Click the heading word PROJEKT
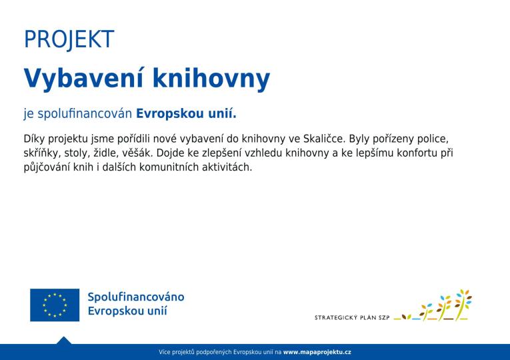coord(69,40)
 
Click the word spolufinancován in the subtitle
coord(85,114)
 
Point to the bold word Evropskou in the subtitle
coord(164,114)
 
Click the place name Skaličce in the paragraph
coord(323,139)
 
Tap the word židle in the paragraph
coord(106,153)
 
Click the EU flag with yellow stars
coord(55,305)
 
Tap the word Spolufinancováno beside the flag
coord(136,297)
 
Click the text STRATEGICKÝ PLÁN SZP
coord(352,318)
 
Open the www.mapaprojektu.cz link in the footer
coord(317,352)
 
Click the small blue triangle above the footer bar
coord(64,341)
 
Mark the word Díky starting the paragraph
coord(35,139)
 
